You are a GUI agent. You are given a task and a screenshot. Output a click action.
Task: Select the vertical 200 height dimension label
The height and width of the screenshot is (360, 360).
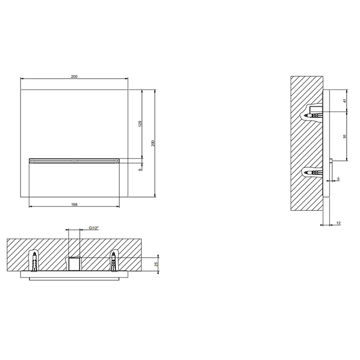coord(153,143)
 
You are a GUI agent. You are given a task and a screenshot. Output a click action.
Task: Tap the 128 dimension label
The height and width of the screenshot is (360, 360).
coord(140,123)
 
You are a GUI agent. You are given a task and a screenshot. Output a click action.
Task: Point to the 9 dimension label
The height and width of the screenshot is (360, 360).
coord(140,169)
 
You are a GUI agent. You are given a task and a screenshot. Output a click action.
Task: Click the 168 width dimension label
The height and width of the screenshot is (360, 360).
coord(74,204)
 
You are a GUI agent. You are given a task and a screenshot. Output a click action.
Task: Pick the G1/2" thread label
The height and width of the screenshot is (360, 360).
coord(94,228)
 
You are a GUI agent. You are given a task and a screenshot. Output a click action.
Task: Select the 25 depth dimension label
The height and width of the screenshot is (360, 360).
coord(156,264)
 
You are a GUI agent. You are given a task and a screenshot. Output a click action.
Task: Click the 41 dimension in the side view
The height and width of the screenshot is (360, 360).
coord(345,101)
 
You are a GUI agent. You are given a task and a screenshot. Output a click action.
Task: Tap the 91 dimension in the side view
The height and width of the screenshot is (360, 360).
coord(345,136)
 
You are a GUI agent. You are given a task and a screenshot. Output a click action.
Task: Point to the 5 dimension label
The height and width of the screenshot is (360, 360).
coord(338,179)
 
